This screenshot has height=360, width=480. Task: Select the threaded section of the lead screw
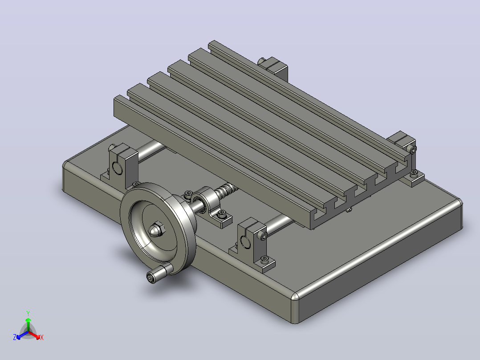(227, 189)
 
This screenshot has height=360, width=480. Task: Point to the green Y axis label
(28, 313)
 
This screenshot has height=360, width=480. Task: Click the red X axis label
(42, 337)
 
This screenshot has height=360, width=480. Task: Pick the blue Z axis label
(15, 337)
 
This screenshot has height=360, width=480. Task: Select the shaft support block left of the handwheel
(122, 165)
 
